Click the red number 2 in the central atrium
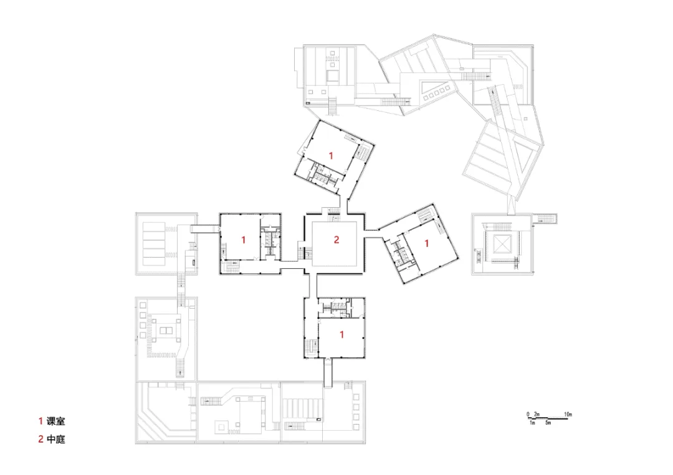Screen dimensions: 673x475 [336, 240]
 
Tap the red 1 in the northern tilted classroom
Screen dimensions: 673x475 [331, 155]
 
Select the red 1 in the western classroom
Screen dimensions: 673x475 [244, 240]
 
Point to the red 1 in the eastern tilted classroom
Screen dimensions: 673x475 [427, 243]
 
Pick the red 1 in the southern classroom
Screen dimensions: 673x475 [341, 334]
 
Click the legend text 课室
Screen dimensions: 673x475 [56, 421]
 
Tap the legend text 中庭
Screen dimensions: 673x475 [56, 440]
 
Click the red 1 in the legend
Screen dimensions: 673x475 [41, 421]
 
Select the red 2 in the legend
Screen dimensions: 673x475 [41, 440]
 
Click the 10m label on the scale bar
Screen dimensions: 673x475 [568, 414]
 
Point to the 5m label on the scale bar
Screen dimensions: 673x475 [548, 423]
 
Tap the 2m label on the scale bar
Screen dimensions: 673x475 [537, 414]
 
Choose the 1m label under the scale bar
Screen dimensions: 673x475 [532, 423]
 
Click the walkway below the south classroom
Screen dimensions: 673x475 [328, 373]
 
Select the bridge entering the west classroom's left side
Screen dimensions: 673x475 [205, 229]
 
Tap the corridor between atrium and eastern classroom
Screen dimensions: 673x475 [371, 233]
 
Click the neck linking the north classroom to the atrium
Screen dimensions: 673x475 [343, 204]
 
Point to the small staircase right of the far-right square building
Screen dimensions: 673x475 [545, 219]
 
